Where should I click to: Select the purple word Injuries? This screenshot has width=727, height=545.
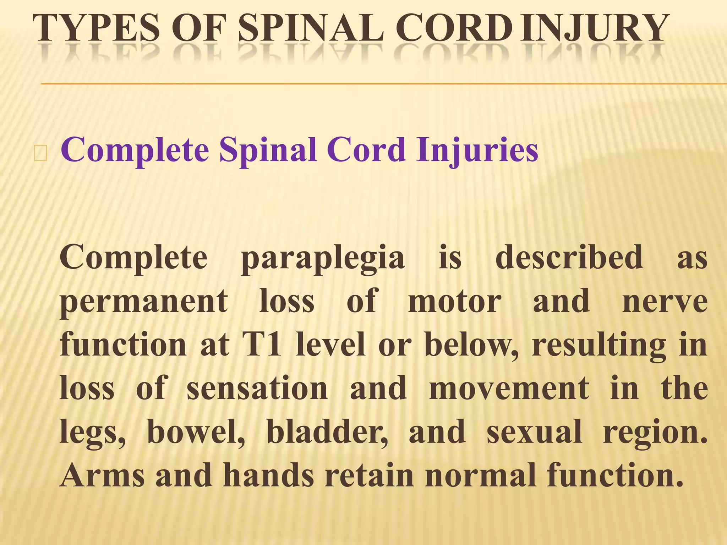[x=477, y=150]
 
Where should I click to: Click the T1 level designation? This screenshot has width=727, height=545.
[x=262, y=344]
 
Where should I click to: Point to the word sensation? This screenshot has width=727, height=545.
[x=257, y=388]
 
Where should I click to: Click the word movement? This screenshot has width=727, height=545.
[x=509, y=388]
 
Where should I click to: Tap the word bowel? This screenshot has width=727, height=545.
[x=196, y=431]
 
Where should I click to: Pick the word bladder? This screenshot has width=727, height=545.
[x=327, y=431]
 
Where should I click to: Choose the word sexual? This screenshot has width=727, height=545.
[x=534, y=431]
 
